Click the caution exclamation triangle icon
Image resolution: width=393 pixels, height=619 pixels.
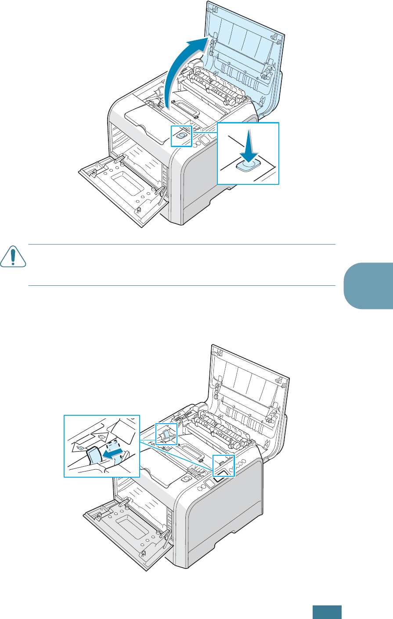click(x=14, y=259)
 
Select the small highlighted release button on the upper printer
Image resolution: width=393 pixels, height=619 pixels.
click(x=180, y=136)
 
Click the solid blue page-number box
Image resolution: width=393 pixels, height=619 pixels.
click(x=327, y=612)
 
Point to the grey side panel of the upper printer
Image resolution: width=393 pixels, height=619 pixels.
click(x=211, y=184)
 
